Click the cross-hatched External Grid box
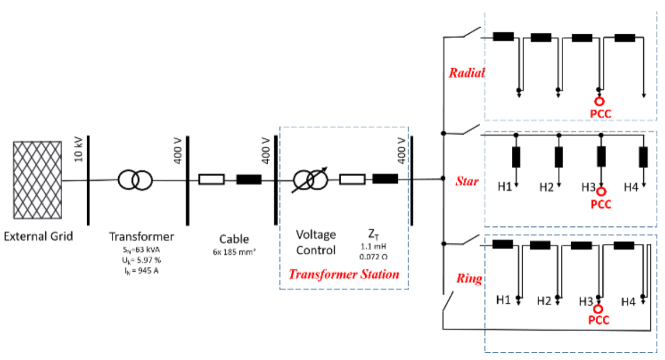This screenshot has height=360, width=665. pos(38,181)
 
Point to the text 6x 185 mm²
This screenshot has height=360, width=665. pos(234,253)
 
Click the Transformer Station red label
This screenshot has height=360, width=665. pos(343,274)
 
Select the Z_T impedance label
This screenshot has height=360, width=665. pos(374,235)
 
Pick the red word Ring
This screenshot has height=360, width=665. pos(469,279)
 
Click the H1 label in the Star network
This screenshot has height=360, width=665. pos(504,188)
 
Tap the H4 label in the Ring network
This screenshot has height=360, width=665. pos(629,301)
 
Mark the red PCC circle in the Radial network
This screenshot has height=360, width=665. pos(600,101)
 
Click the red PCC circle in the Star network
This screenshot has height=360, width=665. pos(601,191)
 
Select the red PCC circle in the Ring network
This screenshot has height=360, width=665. pos(600,309)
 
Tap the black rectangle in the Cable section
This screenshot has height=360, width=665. pos(249,179)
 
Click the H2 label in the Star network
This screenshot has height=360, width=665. pos(546,188)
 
